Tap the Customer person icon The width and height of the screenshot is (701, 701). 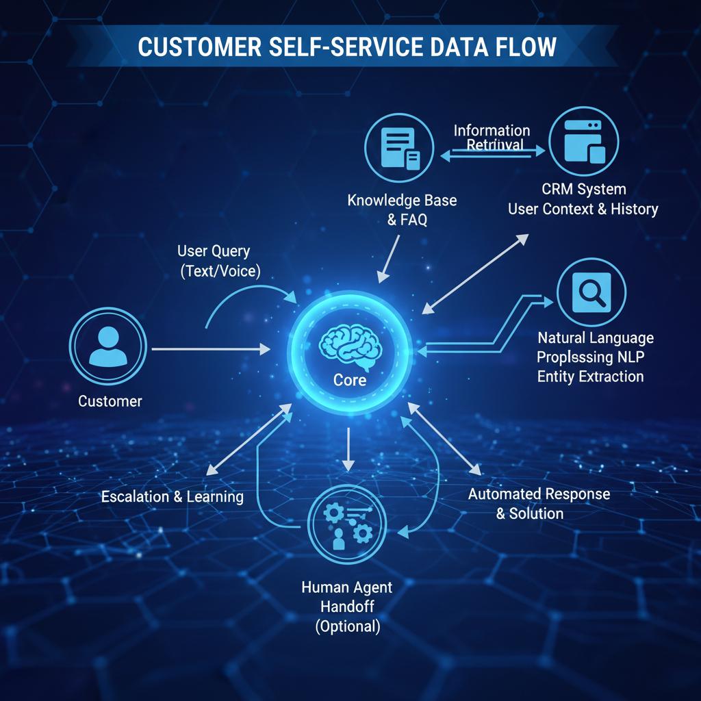(x=108, y=348)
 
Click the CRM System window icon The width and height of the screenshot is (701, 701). (x=583, y=142)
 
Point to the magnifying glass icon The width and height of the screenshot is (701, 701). (x=591, y=294)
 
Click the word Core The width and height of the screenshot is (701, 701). (x=350, y=380)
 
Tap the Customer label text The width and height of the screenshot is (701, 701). (x=110, y=401)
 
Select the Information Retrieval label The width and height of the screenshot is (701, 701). (x=492, y=137)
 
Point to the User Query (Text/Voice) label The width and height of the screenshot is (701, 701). (x=219, y=261)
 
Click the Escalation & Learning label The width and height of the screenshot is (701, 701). (x=172, y=496)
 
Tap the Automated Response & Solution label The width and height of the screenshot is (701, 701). (x=539, y=503)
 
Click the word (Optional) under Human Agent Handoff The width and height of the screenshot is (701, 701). (x=347, y=626)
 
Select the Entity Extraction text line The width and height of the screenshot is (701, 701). (x=590, y=376)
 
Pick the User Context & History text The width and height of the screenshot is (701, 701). (x=583, y=209)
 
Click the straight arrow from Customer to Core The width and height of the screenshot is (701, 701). (x=209, y=349)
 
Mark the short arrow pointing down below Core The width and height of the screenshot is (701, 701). (x=349, y=448)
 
